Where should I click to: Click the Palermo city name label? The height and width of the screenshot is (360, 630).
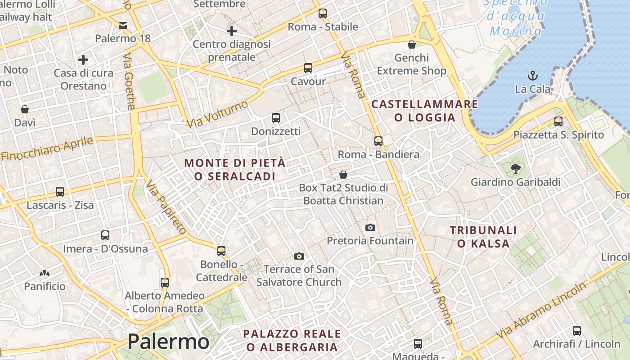pos(168,342)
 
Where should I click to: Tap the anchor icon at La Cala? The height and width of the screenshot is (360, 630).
pos(533,75)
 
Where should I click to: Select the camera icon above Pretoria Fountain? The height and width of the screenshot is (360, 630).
pos(370,227)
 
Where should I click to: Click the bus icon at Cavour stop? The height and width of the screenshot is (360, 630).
pos(308,68)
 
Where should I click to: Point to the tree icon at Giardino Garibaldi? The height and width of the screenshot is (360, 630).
pos(515,169)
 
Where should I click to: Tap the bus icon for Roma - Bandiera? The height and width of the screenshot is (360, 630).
pos(378,141)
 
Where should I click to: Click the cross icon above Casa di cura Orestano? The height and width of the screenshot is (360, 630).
pos(83,59)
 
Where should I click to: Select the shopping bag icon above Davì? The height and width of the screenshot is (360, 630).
pos(25,109)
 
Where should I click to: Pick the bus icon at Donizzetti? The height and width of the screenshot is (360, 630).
pos(276,118)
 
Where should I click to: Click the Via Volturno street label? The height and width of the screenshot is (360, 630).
pos(217,114)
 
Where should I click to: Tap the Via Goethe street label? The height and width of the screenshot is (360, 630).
pos(130,81)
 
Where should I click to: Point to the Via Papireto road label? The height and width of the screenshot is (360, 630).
pos(166,207)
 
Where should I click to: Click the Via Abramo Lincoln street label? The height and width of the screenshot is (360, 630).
pos(541,310)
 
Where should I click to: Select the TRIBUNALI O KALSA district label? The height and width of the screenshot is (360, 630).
pos(483,237)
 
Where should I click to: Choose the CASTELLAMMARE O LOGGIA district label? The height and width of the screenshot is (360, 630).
pos(424,111)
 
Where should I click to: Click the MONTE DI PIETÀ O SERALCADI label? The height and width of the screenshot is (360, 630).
pos(235,169)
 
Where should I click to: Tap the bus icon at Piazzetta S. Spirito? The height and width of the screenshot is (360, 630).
pos(558,121)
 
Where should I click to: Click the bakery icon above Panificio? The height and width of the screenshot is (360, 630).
pos(45,273)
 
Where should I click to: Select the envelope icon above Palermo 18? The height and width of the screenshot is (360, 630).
pos(123,25)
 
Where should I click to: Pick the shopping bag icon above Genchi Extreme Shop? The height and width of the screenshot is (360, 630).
pos(411,45)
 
